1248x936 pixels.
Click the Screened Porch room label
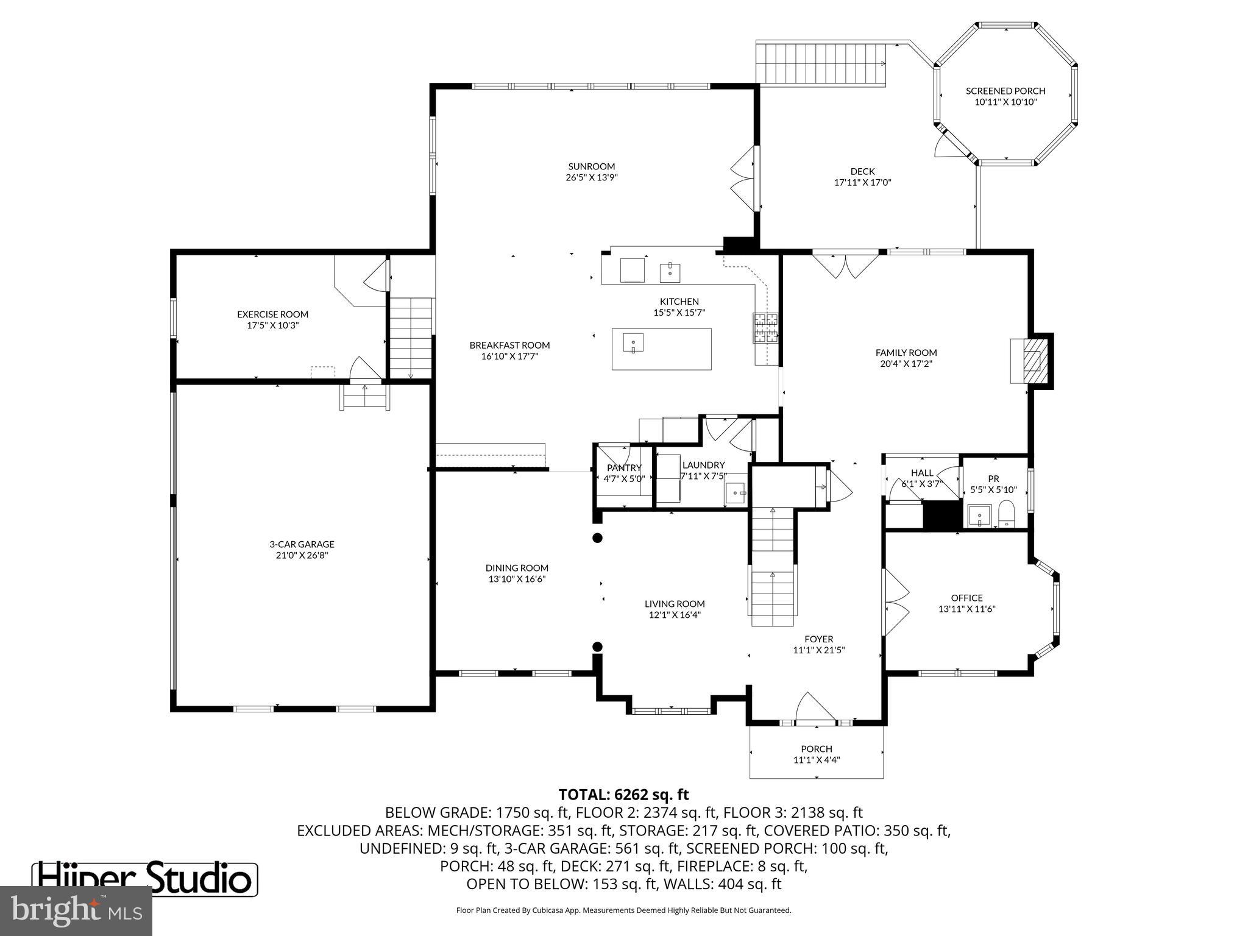coord(1005,91)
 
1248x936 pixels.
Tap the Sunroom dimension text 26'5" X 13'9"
coord(591,177)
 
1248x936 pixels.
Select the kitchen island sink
coord(633,343)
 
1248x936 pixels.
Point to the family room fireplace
coord(1031,361)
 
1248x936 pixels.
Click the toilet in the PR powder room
coord(1006,514)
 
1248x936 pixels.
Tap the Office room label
coord(966,598)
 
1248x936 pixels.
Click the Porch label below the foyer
coord(817,749)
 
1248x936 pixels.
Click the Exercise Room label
coord(272,314)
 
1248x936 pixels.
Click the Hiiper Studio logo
coord(144,879)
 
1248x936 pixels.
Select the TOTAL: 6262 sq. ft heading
coord(623,795)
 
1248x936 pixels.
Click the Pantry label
coord(624,468)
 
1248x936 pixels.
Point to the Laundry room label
coord(703,465)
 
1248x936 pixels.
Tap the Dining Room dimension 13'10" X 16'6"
coord(517,579)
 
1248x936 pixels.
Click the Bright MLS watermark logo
coord(76,910)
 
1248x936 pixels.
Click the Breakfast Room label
coord(509,345)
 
